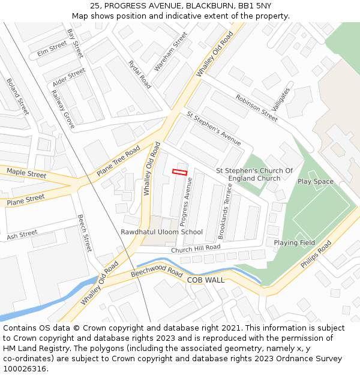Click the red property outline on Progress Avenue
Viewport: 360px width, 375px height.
click(180, 172)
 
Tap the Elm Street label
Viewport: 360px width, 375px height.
click(52, 49)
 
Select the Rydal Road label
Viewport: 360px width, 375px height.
click(140, 74)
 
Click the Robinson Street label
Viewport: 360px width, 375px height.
click(256, 108)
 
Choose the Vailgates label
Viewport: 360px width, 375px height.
click(281, 100)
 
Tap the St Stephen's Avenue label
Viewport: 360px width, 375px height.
click(214, 128)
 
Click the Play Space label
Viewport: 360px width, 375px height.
click(315, 182)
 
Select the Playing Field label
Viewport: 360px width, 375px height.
click(295, 243)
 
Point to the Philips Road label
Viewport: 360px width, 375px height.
click(316, 254)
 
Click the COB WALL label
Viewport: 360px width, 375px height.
click(206, 280)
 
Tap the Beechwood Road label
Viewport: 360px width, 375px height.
click(157, 272)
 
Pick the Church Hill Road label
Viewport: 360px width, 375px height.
click(196, 249)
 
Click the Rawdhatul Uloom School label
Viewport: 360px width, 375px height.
click(161, 232)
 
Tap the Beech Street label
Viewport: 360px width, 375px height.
click(85, 233)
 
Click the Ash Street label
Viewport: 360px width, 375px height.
click(22, 235)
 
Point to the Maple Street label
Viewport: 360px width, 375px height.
click(26, 174)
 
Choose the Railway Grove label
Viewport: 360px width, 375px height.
click(62, 109)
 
